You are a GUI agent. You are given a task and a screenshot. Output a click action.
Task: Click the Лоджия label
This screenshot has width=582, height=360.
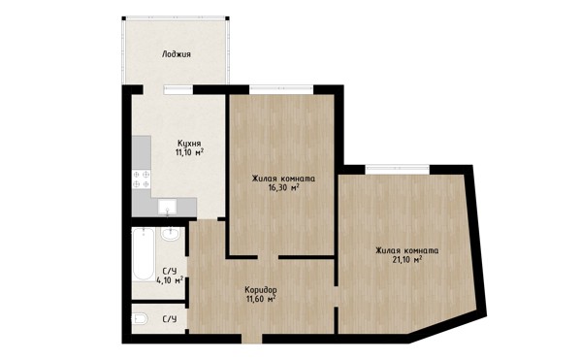(x=177, y=54)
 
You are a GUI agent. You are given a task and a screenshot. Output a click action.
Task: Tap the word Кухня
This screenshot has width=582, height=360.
(x=189, y=143)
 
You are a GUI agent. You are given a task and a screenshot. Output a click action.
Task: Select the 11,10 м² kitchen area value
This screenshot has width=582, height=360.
(x=190, y=152)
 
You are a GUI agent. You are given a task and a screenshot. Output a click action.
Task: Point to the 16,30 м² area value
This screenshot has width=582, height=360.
(x=284, y=187)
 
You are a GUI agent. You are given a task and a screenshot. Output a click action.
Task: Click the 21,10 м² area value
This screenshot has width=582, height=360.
(x=407, y=259)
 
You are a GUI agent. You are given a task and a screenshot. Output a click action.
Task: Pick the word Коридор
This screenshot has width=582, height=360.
(x=261, y=289)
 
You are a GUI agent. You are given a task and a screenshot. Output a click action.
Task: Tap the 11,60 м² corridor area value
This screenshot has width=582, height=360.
(x=261, y=299)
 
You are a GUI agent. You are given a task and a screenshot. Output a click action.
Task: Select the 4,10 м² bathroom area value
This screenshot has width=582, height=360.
(x=170, y=280)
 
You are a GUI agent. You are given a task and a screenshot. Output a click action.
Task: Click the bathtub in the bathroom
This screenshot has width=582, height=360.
(x=144, y=254)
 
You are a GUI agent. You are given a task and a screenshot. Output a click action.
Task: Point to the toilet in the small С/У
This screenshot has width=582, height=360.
(x=141, y=319)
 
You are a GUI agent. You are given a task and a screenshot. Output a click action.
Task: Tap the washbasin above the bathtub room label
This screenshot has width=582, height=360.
(x=171, y=234)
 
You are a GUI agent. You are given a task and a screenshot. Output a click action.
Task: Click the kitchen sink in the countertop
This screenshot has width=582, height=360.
(x=168, y=207)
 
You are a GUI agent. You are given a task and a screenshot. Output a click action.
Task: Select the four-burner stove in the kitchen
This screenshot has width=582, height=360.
(x=142, y=179)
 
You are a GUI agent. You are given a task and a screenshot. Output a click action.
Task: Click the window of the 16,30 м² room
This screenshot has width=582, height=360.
(x=281, y=89)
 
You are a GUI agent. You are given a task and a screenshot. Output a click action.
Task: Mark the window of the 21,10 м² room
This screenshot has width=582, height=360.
(x=398, y=170)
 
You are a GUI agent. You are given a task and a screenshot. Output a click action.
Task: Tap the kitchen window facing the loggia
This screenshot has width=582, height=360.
(x=178, y=89)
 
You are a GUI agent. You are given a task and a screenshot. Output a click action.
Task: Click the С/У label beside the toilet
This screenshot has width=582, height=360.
(x=170, y=319)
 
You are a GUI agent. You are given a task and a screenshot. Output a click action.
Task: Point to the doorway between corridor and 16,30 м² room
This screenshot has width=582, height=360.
(x=268, y=257)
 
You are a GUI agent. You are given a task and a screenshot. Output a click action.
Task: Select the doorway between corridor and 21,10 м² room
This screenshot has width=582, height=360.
(x=337, y=297)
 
